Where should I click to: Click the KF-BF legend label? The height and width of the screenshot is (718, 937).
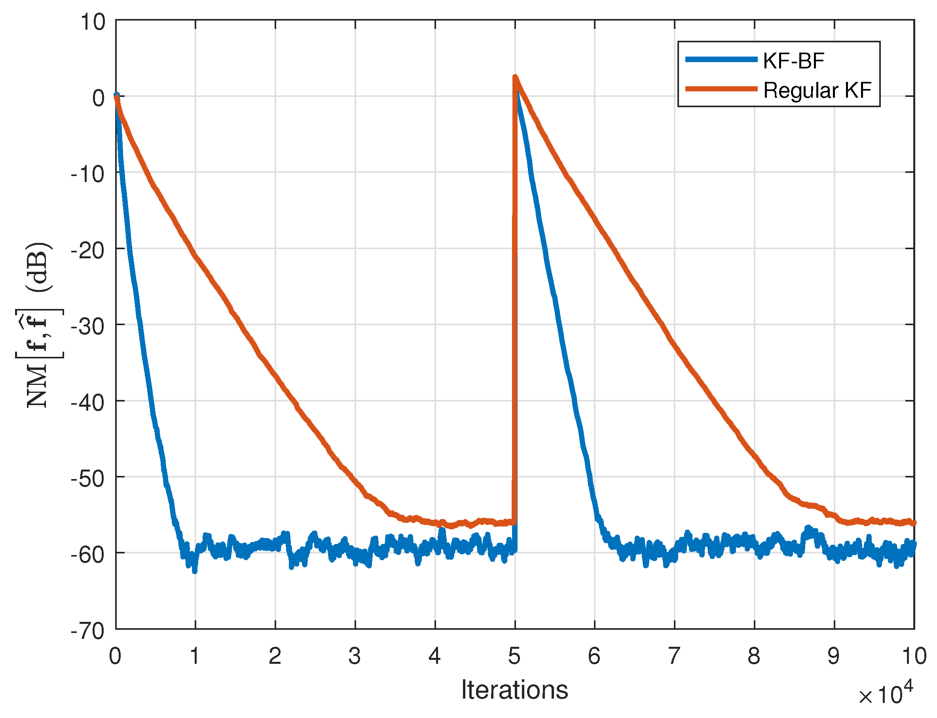[793, 61]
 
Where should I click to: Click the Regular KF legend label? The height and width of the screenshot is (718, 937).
[817, 91]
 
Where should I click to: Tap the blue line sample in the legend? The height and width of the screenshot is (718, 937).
[721, 59]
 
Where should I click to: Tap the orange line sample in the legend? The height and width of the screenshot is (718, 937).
[721, 89]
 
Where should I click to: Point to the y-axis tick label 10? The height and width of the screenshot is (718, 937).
[92, 21]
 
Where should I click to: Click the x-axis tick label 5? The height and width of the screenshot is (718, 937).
[514, 656]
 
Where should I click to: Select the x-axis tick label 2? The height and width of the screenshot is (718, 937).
[275, 656]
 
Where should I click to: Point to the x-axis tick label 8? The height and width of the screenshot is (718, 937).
[754, 656]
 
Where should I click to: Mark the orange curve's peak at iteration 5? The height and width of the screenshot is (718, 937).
[515, 77]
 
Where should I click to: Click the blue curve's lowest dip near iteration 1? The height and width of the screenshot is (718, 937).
[195, 571]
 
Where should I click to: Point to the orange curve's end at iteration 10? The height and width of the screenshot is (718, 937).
[914, 523]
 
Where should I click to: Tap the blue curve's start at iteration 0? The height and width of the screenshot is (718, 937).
[116, 95]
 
